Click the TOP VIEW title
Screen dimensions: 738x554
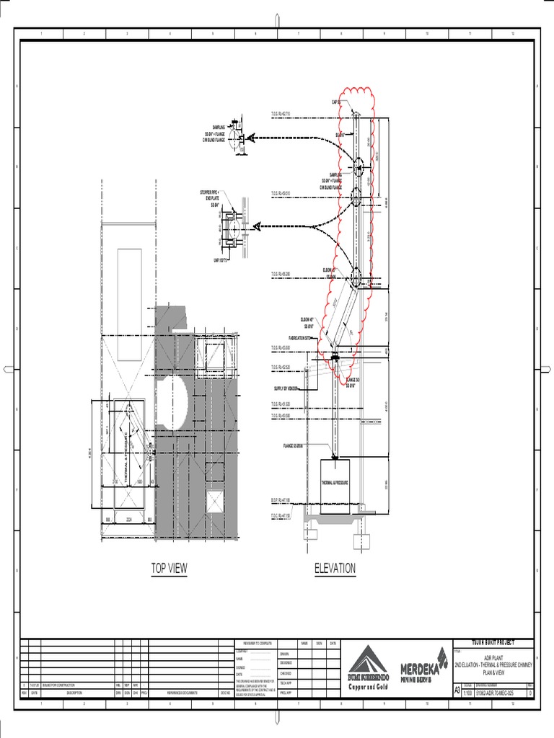[x=169, y=569]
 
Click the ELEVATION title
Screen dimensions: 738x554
[x=335, y=569]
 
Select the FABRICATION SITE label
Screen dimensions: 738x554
[x=299, y=337]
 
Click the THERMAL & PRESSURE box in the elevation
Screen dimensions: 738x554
[x=335, y=483]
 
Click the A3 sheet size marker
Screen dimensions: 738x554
[x=457, y=690]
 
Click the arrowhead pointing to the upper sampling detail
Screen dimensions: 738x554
[x=248, y=138]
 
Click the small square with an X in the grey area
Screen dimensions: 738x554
[x=215, y=502]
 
